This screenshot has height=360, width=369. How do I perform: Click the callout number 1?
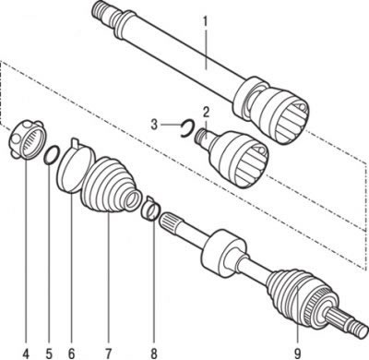(x=206, y=21)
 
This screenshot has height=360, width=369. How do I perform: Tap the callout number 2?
(x=206, y=112)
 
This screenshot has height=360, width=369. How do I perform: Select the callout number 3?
(x=155, y=125)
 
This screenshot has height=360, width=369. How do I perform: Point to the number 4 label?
(x=26, y=353)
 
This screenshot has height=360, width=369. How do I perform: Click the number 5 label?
(x=49, y=353)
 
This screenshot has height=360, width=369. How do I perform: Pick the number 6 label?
(x=71, y=353)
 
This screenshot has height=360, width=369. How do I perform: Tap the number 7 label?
(x=109, y=353)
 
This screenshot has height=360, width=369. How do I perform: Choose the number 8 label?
(x=154, y=353)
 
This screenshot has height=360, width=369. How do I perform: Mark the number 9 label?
(x=298, y=353)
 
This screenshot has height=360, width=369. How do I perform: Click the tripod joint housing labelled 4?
(x=27, y=139)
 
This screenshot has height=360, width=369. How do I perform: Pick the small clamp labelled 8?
(x=149, y=210)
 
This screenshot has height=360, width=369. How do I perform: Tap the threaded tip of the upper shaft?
(x=101, y=10)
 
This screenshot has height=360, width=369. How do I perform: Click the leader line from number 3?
(x=171, y=125)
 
